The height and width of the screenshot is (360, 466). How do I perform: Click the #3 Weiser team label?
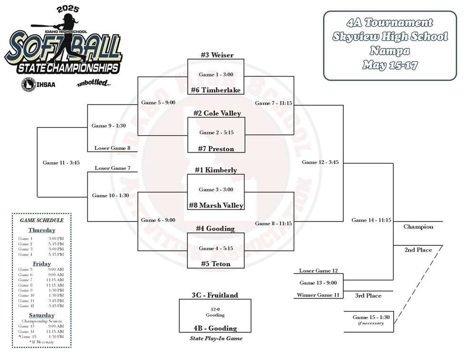(x=216, y=55)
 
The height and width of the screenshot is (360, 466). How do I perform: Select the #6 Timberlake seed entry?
(x=216, y=90)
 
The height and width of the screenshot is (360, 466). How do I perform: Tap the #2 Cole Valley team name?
(x=217, y=113)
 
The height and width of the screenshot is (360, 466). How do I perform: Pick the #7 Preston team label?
(x=216, y=149)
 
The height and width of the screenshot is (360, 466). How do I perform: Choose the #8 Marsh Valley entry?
(x=216, y=205)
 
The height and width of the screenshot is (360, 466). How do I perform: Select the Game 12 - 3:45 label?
(x=320, y=162)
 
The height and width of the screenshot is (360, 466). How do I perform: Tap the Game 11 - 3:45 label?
(x=61, y=163)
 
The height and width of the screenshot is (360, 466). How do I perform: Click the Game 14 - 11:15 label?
(x=371, y=220)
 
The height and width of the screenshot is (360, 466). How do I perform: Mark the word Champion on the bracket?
(x=418, y=227)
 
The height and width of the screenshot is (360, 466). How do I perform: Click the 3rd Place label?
(x=368, y=296)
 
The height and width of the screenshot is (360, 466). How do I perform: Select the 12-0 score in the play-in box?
(x=215, y=309)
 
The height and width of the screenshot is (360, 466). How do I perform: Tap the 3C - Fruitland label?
(x=215, y=295)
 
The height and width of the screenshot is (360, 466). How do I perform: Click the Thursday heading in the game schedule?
(x=41, y=230)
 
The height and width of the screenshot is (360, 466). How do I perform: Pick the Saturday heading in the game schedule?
(x=42, y=315)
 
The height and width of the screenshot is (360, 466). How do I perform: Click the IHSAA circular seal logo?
(x=29, y=85)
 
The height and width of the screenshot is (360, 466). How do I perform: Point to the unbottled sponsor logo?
(x=94, y=84)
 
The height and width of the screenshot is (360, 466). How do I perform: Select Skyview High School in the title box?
(x=390, y=37)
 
